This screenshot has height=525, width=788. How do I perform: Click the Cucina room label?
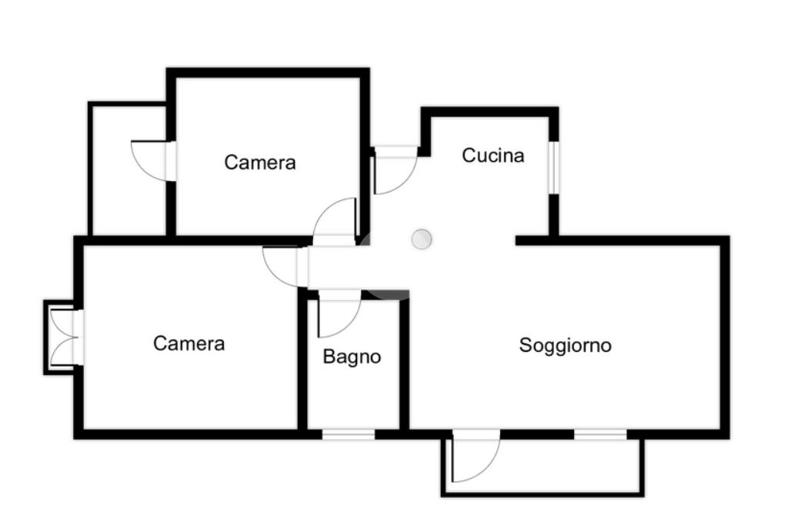tap(492, 155)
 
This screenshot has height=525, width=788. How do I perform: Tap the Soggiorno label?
tap(565, 345)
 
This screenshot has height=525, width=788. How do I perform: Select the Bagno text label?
tap(352, 357)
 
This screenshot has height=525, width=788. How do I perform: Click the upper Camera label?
tap(260, 162)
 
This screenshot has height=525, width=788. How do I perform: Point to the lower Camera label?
tap(189, 343)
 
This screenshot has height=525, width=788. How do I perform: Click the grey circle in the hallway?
tap(421, 239)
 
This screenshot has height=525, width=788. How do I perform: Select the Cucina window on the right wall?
tap(553, 166)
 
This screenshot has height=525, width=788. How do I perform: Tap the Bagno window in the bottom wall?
tap(348, 435)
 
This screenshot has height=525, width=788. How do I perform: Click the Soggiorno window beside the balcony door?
tap(600, 435)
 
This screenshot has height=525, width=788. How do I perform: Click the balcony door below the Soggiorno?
tap(473, 458)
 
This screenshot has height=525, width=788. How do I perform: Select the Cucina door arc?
tap(394, 173)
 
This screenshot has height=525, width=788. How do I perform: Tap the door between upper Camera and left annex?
tap(152, 161)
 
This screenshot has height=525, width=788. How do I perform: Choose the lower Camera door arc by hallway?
tap(282, 266)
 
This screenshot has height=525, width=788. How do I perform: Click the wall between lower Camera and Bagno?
tap(302, 362)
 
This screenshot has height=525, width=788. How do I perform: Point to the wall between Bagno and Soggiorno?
tap(404, 362)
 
